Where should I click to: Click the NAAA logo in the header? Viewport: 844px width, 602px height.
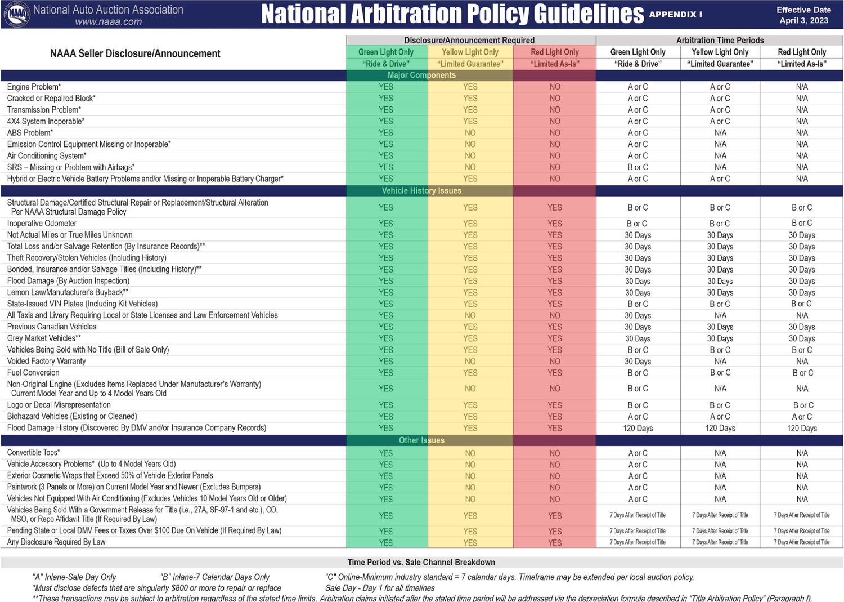coord(16,15)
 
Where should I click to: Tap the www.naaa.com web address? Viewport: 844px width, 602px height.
coord(108,22)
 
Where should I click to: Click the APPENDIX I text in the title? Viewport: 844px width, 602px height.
coord(675,15)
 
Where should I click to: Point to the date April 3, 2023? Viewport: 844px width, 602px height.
coord(803,21)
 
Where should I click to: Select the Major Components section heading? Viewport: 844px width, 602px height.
coord(421,75)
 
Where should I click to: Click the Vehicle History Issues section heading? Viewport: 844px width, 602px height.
coord(421,191)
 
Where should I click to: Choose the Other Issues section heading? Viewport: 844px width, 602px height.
coord(421,440)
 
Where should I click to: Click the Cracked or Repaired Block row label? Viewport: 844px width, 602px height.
coord(51,99)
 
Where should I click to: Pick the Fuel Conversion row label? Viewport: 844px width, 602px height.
coord(33,373)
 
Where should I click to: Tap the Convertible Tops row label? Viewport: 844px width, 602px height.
coord(33,453)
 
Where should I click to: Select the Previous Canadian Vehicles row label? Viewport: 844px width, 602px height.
coord(52,327)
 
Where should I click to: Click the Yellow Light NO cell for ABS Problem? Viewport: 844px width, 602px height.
coord(470,133)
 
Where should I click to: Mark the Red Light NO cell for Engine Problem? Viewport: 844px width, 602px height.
coord(555,87)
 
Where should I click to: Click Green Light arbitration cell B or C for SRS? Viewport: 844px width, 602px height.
coord(638,167)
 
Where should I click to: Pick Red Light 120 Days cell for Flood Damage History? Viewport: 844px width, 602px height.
coord(802,429)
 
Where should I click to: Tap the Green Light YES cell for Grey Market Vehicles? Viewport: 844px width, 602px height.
coord(386,338)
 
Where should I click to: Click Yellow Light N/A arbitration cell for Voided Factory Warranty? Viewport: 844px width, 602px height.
coord(720,362)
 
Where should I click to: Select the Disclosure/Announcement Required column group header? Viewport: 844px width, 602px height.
coord(469,41)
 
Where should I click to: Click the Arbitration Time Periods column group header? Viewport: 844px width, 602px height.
coord(720,41)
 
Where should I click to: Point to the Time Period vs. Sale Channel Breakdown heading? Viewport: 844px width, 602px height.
coord(421,563)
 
